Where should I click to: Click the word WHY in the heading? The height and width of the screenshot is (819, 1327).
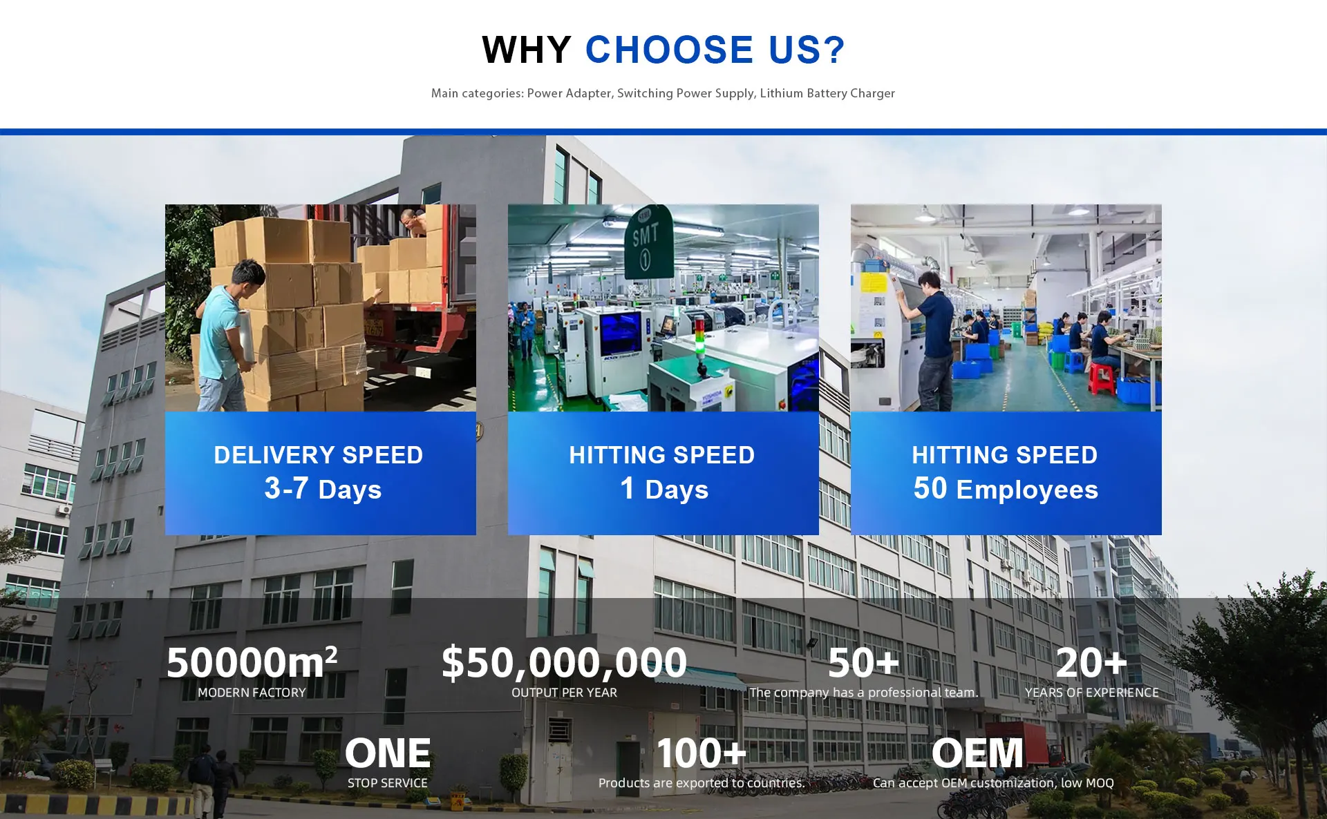526,50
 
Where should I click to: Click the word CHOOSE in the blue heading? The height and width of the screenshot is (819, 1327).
669,50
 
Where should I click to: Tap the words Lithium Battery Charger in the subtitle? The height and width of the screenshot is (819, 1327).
827,93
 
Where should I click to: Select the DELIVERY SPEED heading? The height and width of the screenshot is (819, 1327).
319,455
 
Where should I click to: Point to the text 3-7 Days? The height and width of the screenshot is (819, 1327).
323,489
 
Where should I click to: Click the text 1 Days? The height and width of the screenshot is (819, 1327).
664,489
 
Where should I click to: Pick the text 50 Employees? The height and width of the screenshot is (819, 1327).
1006,489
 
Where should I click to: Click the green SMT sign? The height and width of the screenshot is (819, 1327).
648,242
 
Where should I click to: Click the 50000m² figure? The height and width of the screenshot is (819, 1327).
252,662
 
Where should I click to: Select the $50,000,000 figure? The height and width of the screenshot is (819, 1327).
564,662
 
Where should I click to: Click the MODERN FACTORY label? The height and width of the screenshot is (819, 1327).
252,693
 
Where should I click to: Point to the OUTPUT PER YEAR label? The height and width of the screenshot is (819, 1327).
564,693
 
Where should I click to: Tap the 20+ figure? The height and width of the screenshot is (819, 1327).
1091,662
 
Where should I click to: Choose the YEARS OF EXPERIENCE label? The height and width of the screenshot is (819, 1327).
1092,693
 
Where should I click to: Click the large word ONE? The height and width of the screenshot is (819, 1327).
388,753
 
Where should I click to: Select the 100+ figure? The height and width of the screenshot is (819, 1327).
702,753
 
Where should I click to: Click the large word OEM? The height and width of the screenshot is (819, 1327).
977,753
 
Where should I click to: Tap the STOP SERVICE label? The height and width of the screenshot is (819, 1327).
388,783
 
